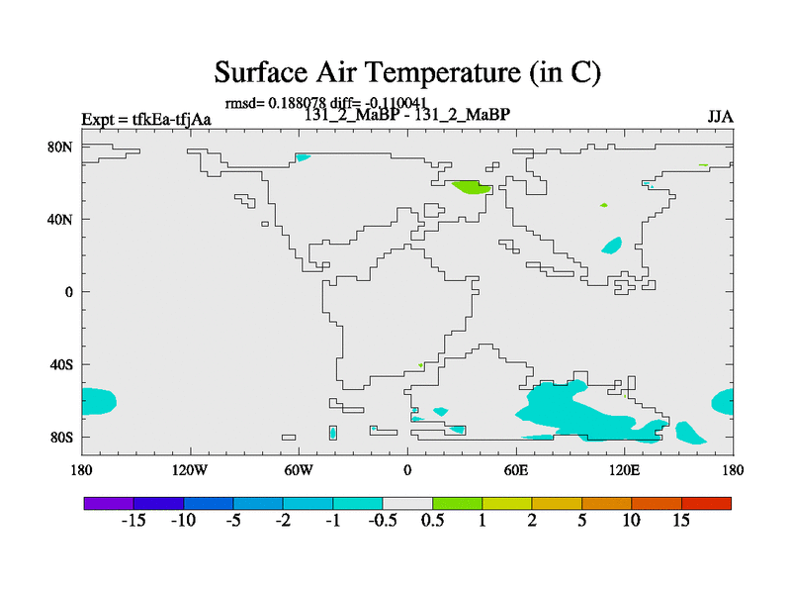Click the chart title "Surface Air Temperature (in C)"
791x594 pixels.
pos(407,72)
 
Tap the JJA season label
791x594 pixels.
pos(720,117)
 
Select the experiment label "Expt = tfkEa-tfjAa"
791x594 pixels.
pos(146,119)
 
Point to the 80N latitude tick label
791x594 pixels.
pos(60,147)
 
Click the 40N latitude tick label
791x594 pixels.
pos(60,220)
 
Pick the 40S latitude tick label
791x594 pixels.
pos(61,364)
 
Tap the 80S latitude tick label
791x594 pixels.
pos(61,437)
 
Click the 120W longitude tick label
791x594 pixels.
pos(190,470)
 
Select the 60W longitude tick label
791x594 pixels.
pos(299,470)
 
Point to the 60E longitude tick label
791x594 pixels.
pos(516,470)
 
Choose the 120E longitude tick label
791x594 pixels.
pos(625,470)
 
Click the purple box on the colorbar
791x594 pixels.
pos(109,503)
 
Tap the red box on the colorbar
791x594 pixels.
pos(706,503)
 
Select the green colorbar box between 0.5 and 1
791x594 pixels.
pos(457,503)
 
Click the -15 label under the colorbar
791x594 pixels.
pos(133,521)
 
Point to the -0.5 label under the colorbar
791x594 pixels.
pos(383,521)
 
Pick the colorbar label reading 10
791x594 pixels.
pos(632,521)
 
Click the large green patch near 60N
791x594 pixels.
pos(472,187)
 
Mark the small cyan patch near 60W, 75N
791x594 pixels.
pos(303,157)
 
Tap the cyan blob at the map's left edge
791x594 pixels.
pos(99,402)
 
